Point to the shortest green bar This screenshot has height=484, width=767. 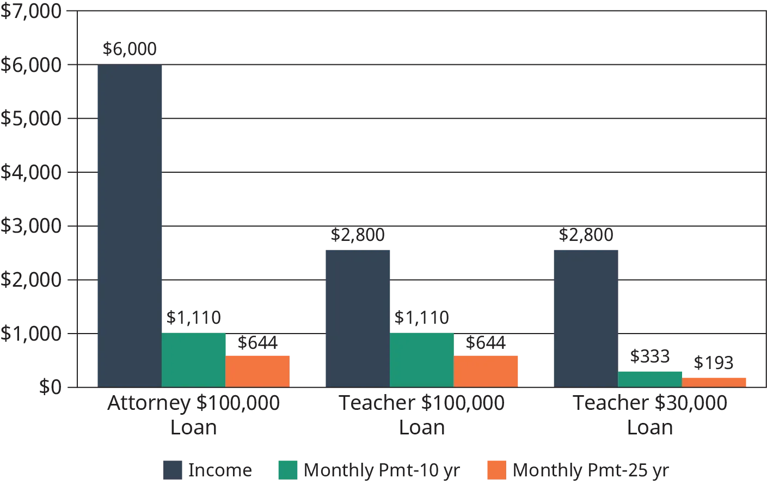coord(651,378)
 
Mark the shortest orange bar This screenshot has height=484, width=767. coord(715,381)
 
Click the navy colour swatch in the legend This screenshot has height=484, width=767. coord(171,470)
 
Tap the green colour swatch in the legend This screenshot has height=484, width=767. coord(289,470)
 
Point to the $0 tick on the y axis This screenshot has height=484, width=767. coord(48,386)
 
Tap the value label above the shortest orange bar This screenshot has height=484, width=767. coord(714,362)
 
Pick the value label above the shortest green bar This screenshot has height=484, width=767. coord(648,358)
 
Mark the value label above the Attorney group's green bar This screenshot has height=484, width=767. coord(194,318)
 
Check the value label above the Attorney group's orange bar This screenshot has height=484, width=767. coord(256,341)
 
